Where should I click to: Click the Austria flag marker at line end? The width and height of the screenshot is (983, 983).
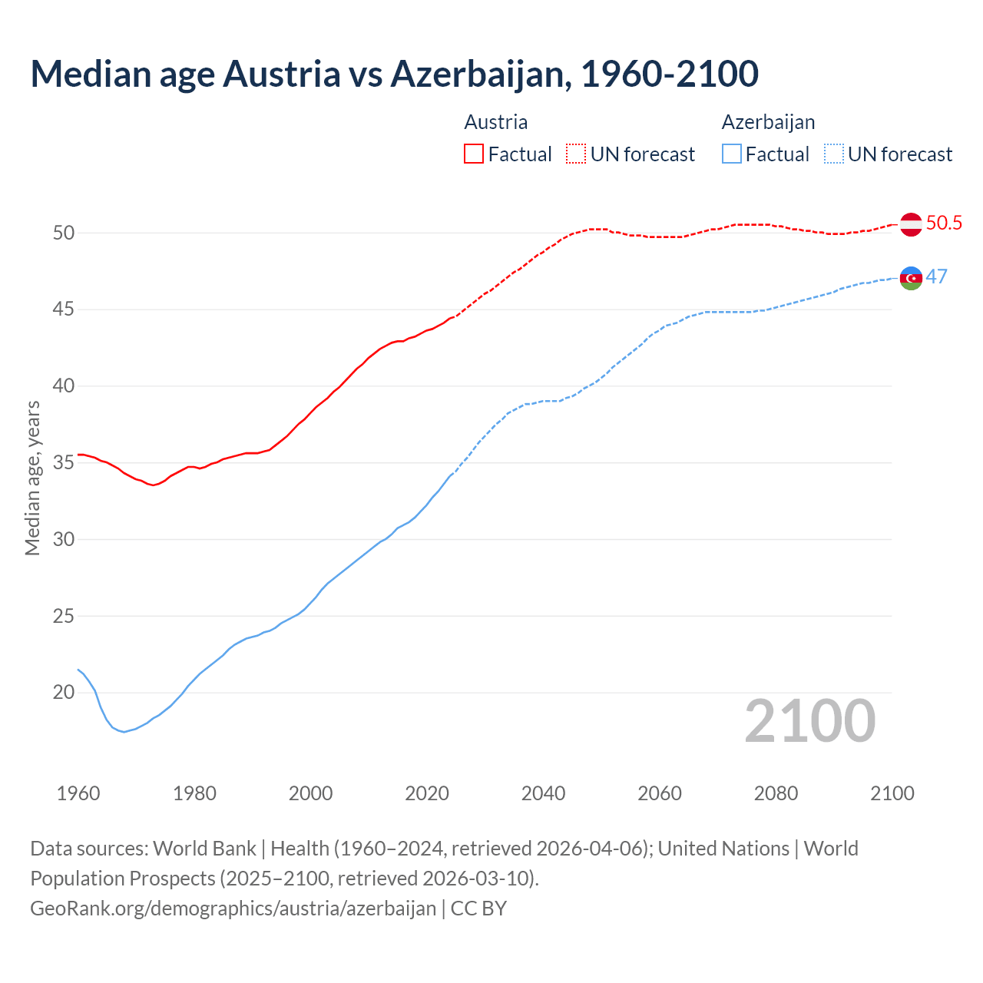click(x=911, y=224)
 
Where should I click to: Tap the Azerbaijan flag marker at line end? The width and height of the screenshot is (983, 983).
click(x=911, y=278)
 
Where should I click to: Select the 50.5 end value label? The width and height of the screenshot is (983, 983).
click(x=944, y=223)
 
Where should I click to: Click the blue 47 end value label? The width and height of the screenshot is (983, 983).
click(x=937, y=277)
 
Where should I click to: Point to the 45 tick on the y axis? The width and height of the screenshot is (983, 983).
click(x=64, y=309)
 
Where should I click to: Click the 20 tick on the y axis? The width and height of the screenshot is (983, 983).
click(x=64, y=693)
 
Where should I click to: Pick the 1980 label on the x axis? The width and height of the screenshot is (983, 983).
click(x=194, y=793)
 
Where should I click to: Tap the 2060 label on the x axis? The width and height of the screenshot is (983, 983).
click(x=660, y=793)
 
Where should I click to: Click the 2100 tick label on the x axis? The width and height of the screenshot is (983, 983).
click(x=892, y=793)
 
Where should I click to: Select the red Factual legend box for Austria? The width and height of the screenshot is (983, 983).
click(x=474, y=154)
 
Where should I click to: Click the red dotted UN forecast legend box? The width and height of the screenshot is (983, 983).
click(x=576, y=154)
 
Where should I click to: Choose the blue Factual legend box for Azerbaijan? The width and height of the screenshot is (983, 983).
click(x=732, y=154)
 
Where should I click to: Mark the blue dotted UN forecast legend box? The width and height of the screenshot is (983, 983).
click(x=834, y=154)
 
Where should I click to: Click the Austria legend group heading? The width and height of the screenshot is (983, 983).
click(x=496, y=122)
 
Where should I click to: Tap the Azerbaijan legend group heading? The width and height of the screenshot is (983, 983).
click(x=768, y=122)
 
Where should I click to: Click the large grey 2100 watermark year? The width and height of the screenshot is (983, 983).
click(x=810, y=721)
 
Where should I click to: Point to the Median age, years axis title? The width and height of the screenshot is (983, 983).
click(x=33, y=478)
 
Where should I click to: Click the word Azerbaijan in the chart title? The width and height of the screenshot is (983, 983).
click(x=480, y=74)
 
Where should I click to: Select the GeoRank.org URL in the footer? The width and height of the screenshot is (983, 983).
click(x=233, y=909)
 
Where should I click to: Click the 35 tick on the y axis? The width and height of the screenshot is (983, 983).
click(x=64, y=463)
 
